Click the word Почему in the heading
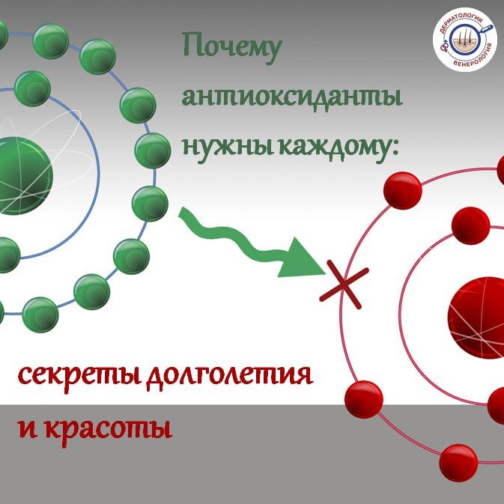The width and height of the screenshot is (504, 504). pos(232,48)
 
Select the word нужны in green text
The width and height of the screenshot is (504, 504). pos(228,149)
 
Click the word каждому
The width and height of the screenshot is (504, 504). pos(338,148)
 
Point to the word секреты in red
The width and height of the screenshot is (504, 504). pos(79,375)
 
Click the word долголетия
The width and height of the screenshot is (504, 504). pos(229,377)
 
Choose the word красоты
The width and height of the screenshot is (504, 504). pos(108,428)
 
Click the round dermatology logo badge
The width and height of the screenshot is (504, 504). pos(465,40)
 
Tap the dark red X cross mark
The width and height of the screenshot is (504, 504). pos(344,284)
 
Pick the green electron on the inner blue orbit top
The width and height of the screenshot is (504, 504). pos(32,88)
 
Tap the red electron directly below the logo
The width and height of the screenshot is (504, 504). pos(403,190)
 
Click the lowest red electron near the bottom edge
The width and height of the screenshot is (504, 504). pos(458,463)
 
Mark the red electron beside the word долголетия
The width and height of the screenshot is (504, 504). pos(363,400)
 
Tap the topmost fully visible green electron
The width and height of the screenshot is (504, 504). pos(51,41)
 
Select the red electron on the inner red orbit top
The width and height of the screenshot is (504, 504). pos(470,225)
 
